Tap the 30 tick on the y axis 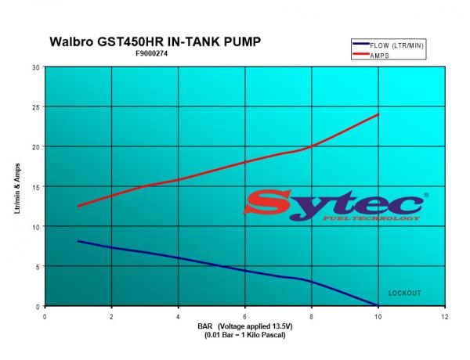pos(36,67)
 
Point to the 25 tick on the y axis pos(36,106)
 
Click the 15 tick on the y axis pos(36,186)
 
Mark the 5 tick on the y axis pos(38,267)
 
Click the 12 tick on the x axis pos(445,317)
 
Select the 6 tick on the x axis pos(245,317)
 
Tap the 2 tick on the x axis pos(112,317)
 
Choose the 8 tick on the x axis pos(312,317)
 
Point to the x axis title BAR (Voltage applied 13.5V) pos(245,326)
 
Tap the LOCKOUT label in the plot pos(404,293)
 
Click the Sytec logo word pos(337,203)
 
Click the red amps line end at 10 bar pos(378,114)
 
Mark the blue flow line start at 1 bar pos(78,241)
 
